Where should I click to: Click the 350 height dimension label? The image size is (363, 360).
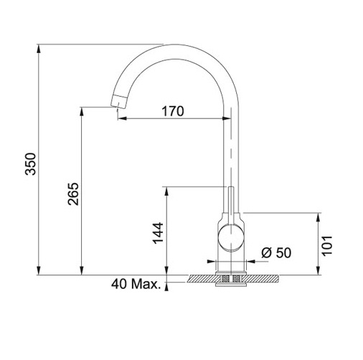pyautogui.click(x=30, y=164)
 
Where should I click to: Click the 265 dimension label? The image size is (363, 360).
pyautogui.click(x=73, y=194)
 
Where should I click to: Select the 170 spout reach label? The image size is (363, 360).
pyautogui.click(x=173, y=111)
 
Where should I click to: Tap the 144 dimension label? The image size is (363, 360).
pyautogui.click(x=158, y=233)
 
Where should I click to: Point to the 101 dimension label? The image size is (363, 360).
pyautogui.click(x=326, y=246)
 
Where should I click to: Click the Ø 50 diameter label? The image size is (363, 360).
pyautogui.click(x=276, y=252)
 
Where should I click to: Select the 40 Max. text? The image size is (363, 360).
pyautogui.click(x=136, y=284)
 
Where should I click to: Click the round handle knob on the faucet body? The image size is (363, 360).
pyautogui.click(x=231, y=238)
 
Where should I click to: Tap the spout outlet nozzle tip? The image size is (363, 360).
pyautogui.click(x=118, y=101)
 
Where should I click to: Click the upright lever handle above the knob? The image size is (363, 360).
pyautogui.click(x=231, y=206)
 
